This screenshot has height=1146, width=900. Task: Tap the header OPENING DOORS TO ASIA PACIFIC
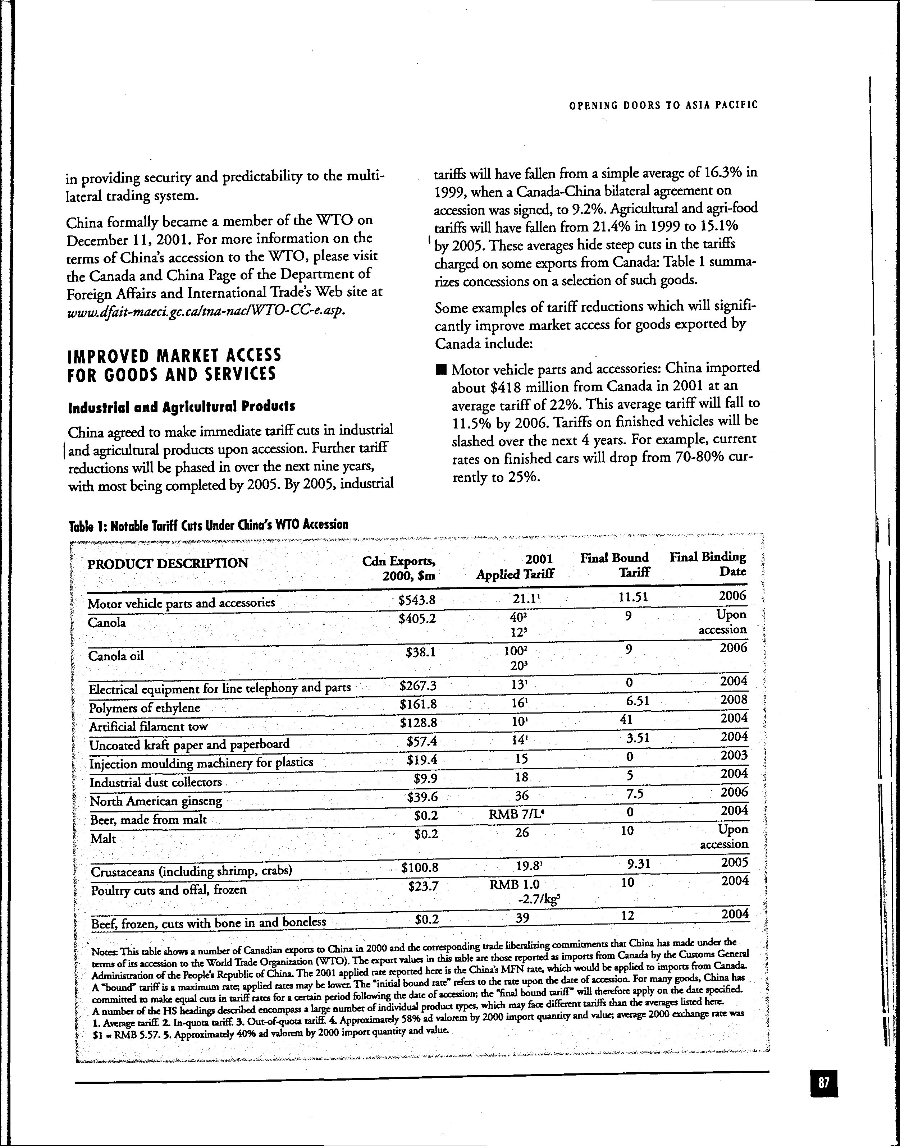click(663, 105)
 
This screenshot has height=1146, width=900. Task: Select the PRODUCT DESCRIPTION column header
click(167, 563)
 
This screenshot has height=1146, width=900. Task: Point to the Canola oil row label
click(116, 656)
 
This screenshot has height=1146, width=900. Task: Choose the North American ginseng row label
click(156, 801)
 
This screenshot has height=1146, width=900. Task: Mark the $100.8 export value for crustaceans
click(420, 867)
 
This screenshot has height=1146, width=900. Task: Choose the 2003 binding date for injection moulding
click(734, 756)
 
